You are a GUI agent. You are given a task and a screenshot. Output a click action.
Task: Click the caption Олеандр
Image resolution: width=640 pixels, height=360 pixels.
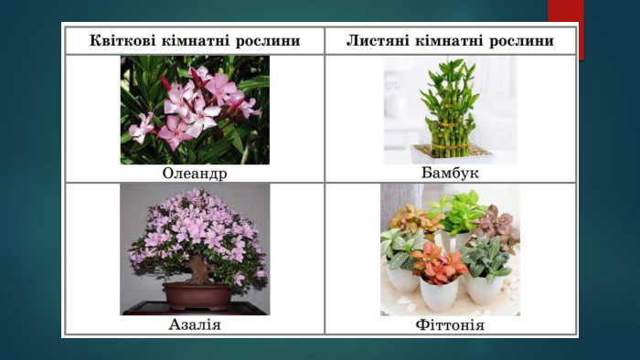[195, 174]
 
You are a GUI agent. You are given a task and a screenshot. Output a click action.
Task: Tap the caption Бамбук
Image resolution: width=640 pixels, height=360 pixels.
[450, 173]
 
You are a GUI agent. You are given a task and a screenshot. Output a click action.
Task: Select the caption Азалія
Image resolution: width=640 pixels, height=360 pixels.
[195, 324]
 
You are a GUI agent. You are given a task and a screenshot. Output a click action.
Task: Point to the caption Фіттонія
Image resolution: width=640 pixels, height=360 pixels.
[450, 325]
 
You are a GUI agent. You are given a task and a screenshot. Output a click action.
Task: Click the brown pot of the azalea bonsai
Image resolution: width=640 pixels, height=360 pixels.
[197, 296]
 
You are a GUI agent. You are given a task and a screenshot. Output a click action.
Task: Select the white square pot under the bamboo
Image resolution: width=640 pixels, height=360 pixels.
[451, 153]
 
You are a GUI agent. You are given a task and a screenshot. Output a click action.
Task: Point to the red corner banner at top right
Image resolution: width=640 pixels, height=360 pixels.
[566, 29]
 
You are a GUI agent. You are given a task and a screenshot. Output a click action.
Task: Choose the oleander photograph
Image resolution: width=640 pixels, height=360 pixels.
[195, 110]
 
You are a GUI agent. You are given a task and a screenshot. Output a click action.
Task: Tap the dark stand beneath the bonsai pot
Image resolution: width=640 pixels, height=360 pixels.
[195, 308]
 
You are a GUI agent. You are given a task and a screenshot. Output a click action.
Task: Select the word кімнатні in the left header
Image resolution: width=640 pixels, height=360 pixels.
[195, 41]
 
